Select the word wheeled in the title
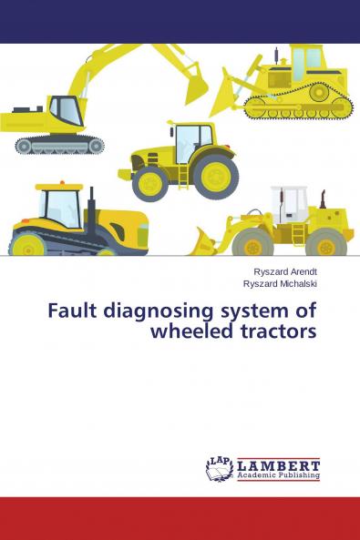[x=195, y=331]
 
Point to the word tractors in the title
[x=277, y=331]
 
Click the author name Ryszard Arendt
[x=285, y=271]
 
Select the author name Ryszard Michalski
[x=281, y=283]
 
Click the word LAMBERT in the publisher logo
[x=278, y=464]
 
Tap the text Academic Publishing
[x=278, y=475]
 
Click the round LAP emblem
[x=219, y=468]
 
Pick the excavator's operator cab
[x=66, y=111]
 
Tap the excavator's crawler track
[x=59, y=144]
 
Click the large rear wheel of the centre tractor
[x=217, y=175]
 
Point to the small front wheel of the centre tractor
[x=149, y=184]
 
